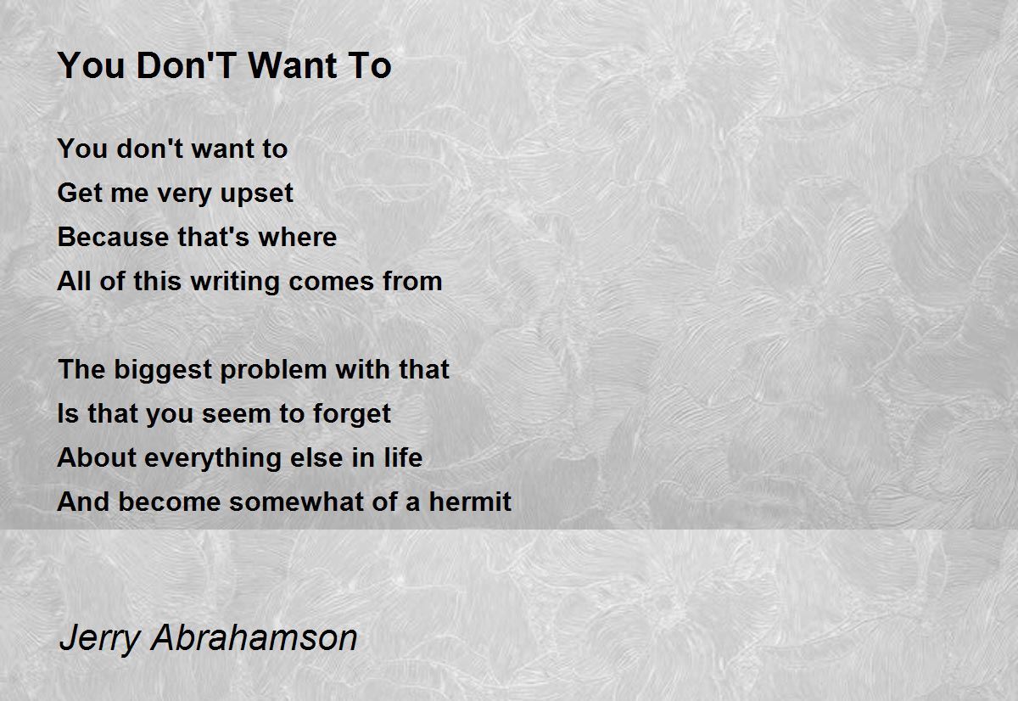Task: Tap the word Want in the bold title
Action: click(x=292, y=65)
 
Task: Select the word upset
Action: click(x=257, y=194)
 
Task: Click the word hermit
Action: click(x=470, y=502)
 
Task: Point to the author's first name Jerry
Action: click(x=99, y=639)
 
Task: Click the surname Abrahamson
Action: click(x=255, y=637)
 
